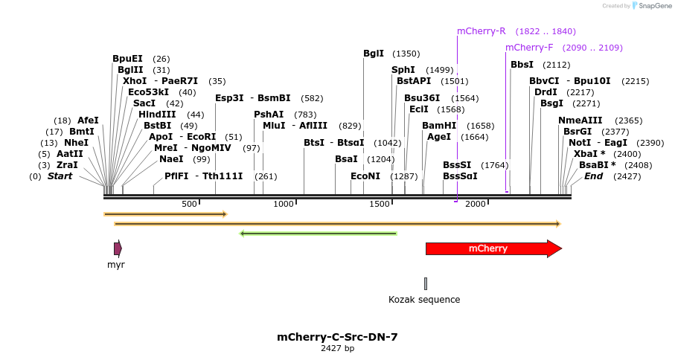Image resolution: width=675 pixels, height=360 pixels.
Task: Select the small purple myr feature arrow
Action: point(118,248)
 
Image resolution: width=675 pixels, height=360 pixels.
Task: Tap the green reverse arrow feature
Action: point(318,234)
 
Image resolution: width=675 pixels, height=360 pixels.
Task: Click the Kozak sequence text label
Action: point(424,300)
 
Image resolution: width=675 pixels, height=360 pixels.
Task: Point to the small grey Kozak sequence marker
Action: point(426,283)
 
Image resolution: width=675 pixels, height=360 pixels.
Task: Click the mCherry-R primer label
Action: point(481,31)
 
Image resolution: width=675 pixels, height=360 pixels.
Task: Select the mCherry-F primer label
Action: point(529,48)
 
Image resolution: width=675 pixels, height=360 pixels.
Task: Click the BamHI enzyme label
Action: point(438,126)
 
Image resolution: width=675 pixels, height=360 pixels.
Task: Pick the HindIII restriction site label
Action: point(157,115)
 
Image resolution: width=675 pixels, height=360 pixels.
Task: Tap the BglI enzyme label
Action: point(374,54)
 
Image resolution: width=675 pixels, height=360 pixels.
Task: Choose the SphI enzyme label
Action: point(403,70)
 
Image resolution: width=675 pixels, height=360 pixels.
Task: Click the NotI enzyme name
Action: point(580,143)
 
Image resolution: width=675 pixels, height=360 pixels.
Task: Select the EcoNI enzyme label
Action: point(365,176)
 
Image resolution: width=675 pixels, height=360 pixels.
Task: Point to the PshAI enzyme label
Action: point(269,115)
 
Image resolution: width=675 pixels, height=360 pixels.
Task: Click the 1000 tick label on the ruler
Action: point(284,204)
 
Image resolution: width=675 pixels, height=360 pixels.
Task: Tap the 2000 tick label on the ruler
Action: point(476,204)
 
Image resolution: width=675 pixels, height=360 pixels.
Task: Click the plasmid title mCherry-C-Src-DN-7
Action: point(337,337)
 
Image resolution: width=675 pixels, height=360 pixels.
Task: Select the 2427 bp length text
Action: point(337,348)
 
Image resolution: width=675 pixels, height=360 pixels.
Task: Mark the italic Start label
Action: point(60,176)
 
